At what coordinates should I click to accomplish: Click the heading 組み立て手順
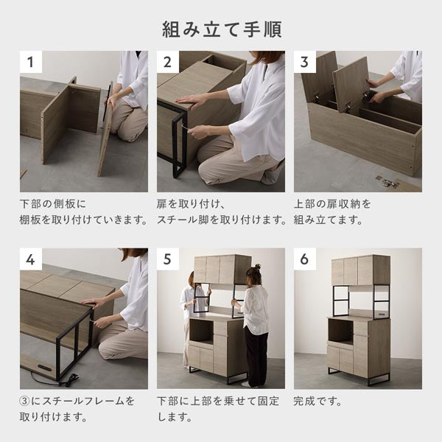coord(222,29)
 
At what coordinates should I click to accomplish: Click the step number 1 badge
coord(31,62)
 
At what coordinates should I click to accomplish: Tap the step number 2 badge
coord(168,62)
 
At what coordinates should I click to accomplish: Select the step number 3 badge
coord(305,62)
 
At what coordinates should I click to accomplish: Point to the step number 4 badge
coord(31,259)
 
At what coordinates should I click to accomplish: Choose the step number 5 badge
coord(168,259)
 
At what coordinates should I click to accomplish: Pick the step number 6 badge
coord(305,259)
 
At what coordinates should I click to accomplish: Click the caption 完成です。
coord(318,401)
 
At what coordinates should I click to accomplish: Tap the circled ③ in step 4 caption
coord(25,401)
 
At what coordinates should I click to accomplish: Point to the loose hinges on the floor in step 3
coord(387,182)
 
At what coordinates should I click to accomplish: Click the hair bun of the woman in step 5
coord(257,267)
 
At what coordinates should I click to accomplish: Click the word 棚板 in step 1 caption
coord(30,220)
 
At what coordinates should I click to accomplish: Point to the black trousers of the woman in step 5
coord(256,356)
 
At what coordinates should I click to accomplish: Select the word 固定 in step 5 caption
coord(268,401)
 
